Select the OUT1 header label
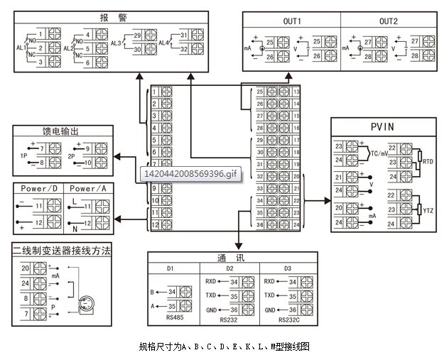pos(292,21)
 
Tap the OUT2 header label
pos(389,21)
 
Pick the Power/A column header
pos(89,189)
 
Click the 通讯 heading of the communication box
pos(225,258)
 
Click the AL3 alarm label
pos(117,43)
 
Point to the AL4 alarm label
pos(163,43)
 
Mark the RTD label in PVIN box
pos(428,163)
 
